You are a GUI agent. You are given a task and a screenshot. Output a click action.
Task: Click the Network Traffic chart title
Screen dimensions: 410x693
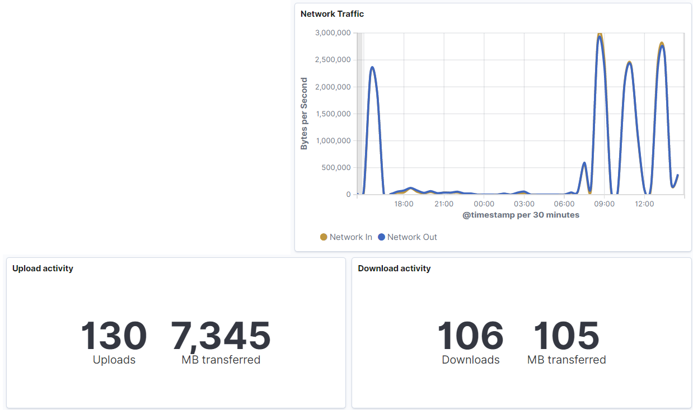pos(332,14)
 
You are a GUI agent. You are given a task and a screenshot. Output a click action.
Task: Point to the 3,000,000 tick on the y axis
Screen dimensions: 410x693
pos(333,33)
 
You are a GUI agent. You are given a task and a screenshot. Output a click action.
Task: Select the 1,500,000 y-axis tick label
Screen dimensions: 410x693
pos(333,114)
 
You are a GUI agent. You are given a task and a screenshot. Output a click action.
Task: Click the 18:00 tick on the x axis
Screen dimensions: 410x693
pos(404,204)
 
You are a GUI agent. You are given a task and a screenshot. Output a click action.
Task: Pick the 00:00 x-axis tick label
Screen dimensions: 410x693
pos(484,204)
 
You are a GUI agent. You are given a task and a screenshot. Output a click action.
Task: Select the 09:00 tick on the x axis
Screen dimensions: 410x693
pos(604,204)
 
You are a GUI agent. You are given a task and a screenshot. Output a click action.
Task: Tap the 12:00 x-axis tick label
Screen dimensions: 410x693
pos(644,204)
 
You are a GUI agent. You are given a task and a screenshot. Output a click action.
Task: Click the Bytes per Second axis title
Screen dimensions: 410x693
pos(304,114)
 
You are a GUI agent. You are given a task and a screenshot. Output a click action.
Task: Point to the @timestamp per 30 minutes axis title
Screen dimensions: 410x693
pos(521,215)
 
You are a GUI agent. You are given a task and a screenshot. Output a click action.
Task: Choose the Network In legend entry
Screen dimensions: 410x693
pos(346,237)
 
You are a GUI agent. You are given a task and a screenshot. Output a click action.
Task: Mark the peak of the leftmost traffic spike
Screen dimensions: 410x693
pos(372,68)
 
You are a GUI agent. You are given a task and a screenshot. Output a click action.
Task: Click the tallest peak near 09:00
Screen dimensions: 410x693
pos(600,36)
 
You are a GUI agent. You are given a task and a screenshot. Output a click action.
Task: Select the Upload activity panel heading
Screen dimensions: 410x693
pos(43,268)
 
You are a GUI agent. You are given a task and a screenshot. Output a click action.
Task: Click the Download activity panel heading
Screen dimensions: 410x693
pos(394,268)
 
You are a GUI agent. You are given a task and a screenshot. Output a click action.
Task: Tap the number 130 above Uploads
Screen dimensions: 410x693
pos(114,336)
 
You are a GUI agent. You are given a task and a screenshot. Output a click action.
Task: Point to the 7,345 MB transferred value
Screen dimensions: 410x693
pos(221,336)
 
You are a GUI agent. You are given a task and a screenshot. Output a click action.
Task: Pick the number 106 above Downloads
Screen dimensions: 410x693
pos(470,336)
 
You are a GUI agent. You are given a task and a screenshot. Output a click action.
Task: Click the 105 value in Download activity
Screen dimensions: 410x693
pos(566,336)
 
